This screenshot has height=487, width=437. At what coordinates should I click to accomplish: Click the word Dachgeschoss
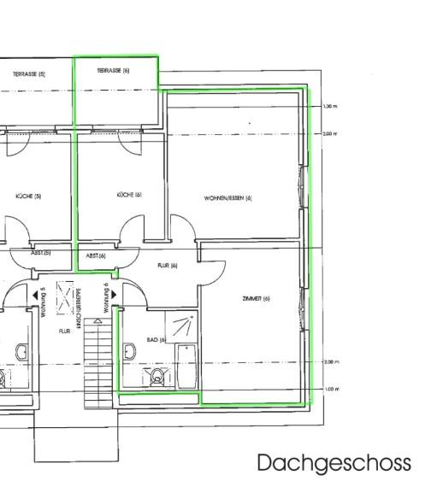click(334, 463)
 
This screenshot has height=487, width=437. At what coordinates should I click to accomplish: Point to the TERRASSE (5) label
click(29, 74)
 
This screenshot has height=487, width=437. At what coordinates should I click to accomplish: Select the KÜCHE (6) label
click(129, 195)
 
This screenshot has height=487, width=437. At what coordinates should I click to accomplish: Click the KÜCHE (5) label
click(28, 196)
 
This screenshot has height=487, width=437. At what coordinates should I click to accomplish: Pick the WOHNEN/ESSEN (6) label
click(228, 198)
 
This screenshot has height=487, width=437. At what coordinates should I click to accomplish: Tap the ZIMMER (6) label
click(256, 298)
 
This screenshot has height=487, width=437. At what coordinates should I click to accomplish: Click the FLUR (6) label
click(167, 266)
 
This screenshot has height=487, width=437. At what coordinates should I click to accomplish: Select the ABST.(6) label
click(96, 255)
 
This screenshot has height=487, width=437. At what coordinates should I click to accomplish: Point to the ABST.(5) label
click(40, 253)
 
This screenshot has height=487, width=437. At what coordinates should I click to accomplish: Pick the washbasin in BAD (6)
click(130, 350)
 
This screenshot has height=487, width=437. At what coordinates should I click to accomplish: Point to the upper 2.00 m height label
click(331, 134)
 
